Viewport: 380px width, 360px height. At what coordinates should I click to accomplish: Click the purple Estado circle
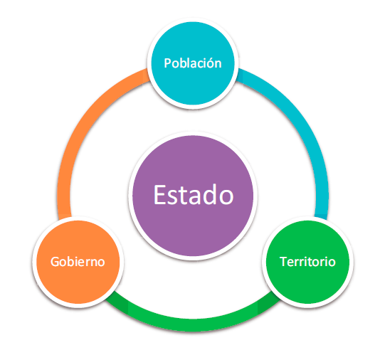tap(193, 196)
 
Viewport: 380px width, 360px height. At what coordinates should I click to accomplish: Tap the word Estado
tap(194, 195)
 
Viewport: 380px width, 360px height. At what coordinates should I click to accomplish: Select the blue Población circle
tap(193, 63)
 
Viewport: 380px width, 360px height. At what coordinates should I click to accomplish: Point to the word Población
tap(193, 63)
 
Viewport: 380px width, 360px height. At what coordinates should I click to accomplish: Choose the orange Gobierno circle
tap(78, 262)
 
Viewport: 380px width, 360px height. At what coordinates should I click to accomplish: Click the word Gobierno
tap(78, 262)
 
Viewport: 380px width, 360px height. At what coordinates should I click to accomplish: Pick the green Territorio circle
tap(307, 262)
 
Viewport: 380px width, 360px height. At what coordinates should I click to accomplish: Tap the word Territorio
tap(307, 262)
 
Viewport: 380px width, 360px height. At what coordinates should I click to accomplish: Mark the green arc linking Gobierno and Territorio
tap(193, 324)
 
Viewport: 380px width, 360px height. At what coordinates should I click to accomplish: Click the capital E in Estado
tap(160, 195)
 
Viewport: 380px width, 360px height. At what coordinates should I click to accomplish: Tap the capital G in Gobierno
tap(55, 262)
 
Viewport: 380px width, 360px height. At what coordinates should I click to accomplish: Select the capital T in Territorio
tap(283, 262)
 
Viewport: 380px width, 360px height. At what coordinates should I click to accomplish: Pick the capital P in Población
tap(168, 63)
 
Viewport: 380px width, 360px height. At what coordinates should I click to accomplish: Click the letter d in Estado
tap(210, 194)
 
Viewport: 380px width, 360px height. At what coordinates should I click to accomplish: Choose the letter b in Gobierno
tap(72, 262)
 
